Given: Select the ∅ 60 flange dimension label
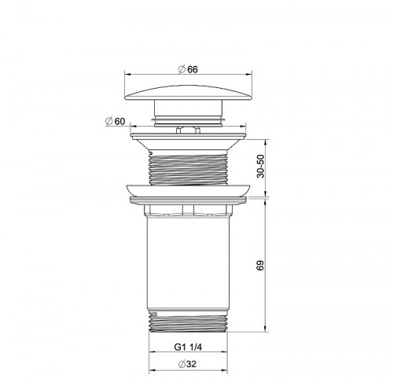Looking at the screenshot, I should [114, 121].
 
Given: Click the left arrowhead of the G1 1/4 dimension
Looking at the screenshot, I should [151, 352].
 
